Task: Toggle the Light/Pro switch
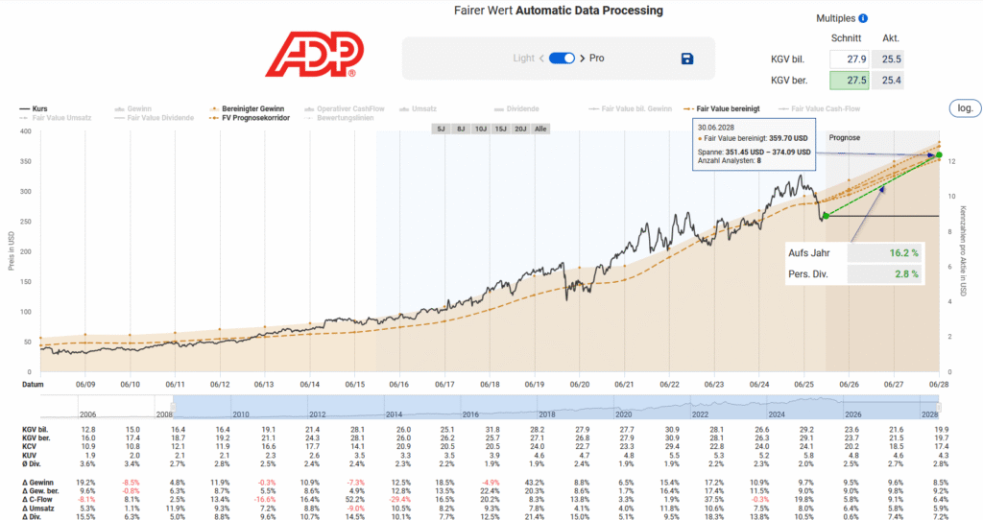[x=562, y=59]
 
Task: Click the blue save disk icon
[x=687, y=59]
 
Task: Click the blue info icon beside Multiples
[x=863, y=18]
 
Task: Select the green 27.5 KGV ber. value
[x=851, y=79]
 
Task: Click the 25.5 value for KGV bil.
[x=892, y=59]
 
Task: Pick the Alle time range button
[x=542, y=128]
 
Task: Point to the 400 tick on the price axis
[x=24, y=131]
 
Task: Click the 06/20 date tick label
[x=579, y=384]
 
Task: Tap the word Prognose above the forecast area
[x=844, y=138]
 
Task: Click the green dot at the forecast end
[x=939, y=155]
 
